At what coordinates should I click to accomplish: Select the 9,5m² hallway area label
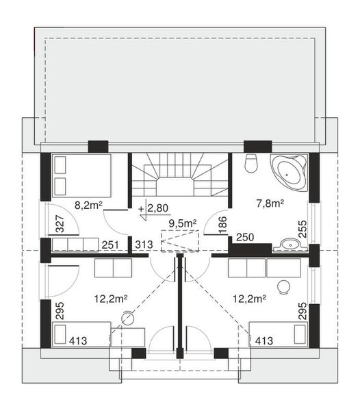click(183, 223)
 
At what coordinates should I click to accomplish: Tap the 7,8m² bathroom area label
click(270, 203)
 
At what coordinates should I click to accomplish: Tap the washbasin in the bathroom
click(291, 243)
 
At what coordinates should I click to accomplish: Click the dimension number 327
click(59, 225)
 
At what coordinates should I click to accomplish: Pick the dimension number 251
click(111, 245)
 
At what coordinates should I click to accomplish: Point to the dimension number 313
click(142, 245)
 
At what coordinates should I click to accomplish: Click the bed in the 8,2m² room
click(81, 175)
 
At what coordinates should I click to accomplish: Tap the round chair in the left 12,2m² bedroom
click(128, 316)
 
